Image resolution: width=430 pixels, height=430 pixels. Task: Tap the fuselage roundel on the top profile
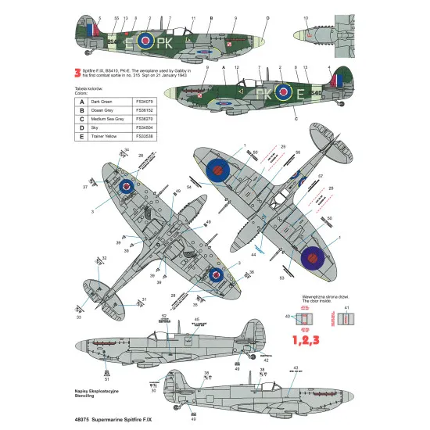tap(145, 40)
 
